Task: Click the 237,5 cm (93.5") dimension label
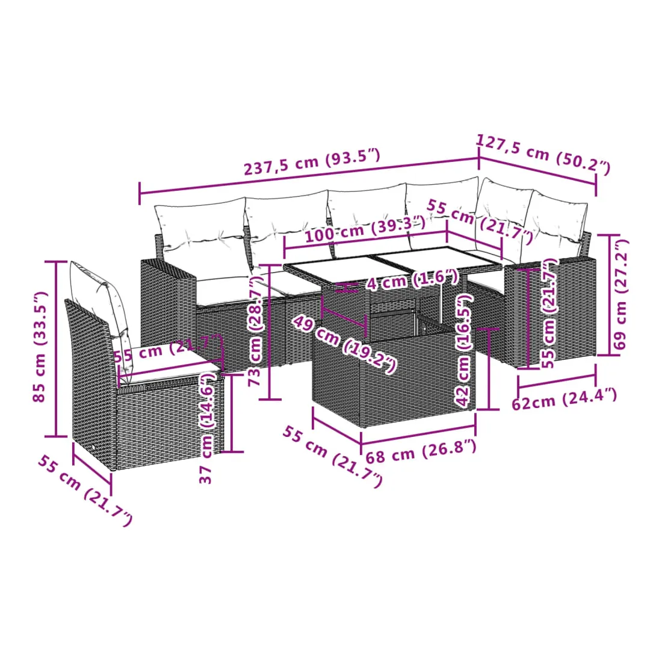coord(312,162)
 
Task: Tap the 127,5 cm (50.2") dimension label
coord(543,153)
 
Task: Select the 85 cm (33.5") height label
coord(40,346)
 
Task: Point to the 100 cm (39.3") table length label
coord(365,229)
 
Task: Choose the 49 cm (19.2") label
coord(344,344)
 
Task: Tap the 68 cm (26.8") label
coord(421,451)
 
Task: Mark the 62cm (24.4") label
coord(565,399)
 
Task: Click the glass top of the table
coord(392,262)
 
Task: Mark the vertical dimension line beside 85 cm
coord(56,348)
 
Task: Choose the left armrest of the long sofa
coord(168,304)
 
